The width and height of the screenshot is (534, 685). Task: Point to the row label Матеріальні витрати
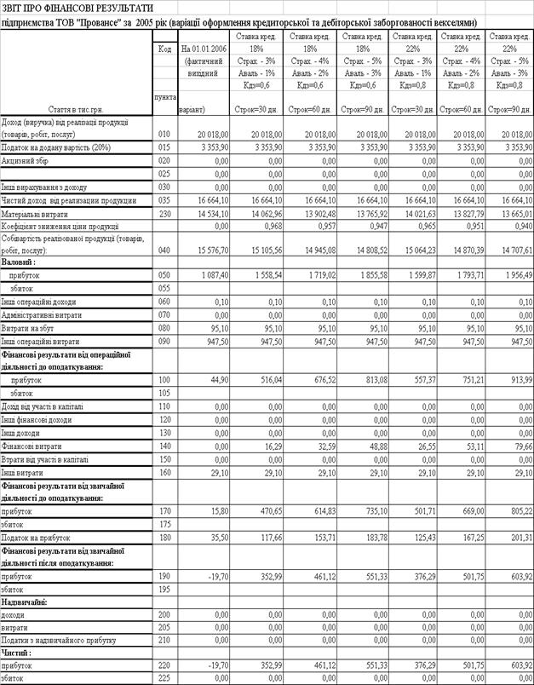coord(37,213)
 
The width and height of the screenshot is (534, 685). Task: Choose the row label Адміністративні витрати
coord(43,314)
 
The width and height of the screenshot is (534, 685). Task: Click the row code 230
coord(164,213)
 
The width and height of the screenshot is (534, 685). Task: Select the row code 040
coord(164,251)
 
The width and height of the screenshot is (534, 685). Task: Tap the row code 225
coord(164,679)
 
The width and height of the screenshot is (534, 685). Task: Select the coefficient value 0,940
coord(519,227)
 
